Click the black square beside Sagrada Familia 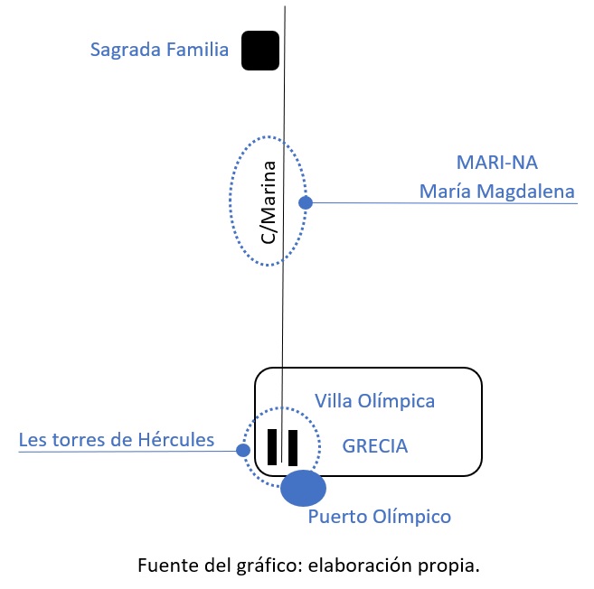[259, 51]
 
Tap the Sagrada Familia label [159, 50]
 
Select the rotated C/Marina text [269, 201]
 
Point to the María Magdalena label [496, 192]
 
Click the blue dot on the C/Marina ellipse [306, 203]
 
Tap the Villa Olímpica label [374, 400]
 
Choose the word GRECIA [374, 446]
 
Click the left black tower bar [272, 447]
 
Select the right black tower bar [293, 447]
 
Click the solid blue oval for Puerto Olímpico [303, 488]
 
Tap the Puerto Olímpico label [379, 517]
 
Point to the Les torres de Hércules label [117, 441]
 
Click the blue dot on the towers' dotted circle [242, 450]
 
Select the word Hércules [181, 441]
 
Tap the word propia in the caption [448, 567]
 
